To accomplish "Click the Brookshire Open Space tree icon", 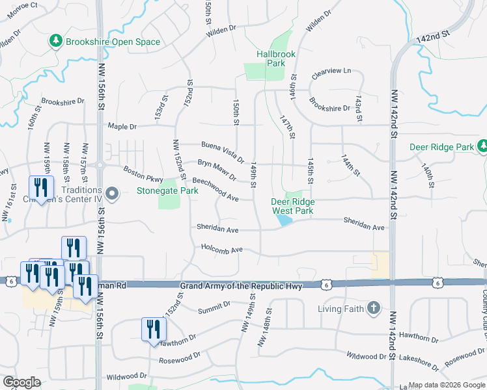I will click(x=56, y=42).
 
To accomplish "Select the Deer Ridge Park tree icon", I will click(x=482, y=147).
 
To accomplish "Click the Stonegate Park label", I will click(x=167, y=191).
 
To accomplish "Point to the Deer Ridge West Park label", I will click(x=292, y=206).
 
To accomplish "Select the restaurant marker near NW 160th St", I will click(x=41, y=188).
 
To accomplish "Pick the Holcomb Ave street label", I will click(x=221, y=249).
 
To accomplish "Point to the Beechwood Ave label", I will click(x=215, y=188).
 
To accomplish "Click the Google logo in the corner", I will click(x=21, y=382).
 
